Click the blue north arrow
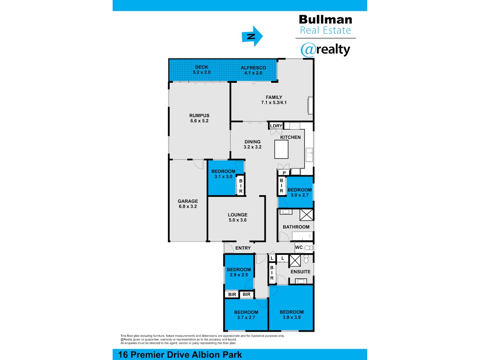click(x=252, y=36)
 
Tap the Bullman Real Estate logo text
click(x=325, y=24)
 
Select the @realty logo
click(x=325, y=50)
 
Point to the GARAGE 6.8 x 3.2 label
click(x=188, y=204)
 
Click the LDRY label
click(x=276, y=126)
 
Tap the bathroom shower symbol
click(x=306, y=215)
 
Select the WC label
click(x=299, y=248)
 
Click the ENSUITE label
click(x=300, y=272)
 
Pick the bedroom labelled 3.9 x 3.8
click(x=292, y=314)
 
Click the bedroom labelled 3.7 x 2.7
click(x=246, y=314)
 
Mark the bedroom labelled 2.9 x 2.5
click(x=239, y=272)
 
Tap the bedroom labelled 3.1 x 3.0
click(x=223, y=174)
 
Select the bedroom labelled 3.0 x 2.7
click(x=299, y=192)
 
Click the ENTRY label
click(x=243, y=248)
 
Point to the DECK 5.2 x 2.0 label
click(x=202, y=70)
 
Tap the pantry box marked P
click(x=284, y=172)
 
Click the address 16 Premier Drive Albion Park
click(x=180, y=354)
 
